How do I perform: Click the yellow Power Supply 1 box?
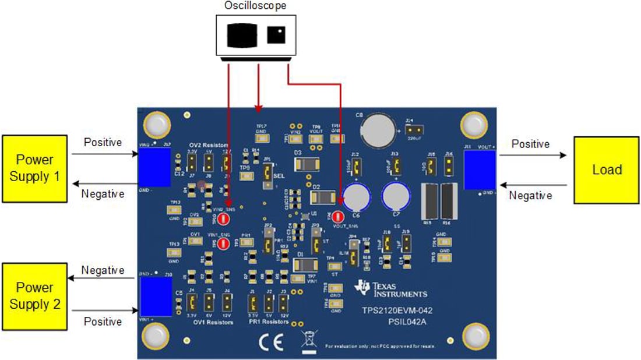click(35, 169)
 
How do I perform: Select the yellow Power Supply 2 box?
click(35, 296)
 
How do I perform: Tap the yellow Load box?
click(607, 170)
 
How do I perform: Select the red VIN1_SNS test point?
click(222, 243)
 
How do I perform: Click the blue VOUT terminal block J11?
click(479, 170)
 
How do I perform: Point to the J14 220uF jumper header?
click(415, 129)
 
